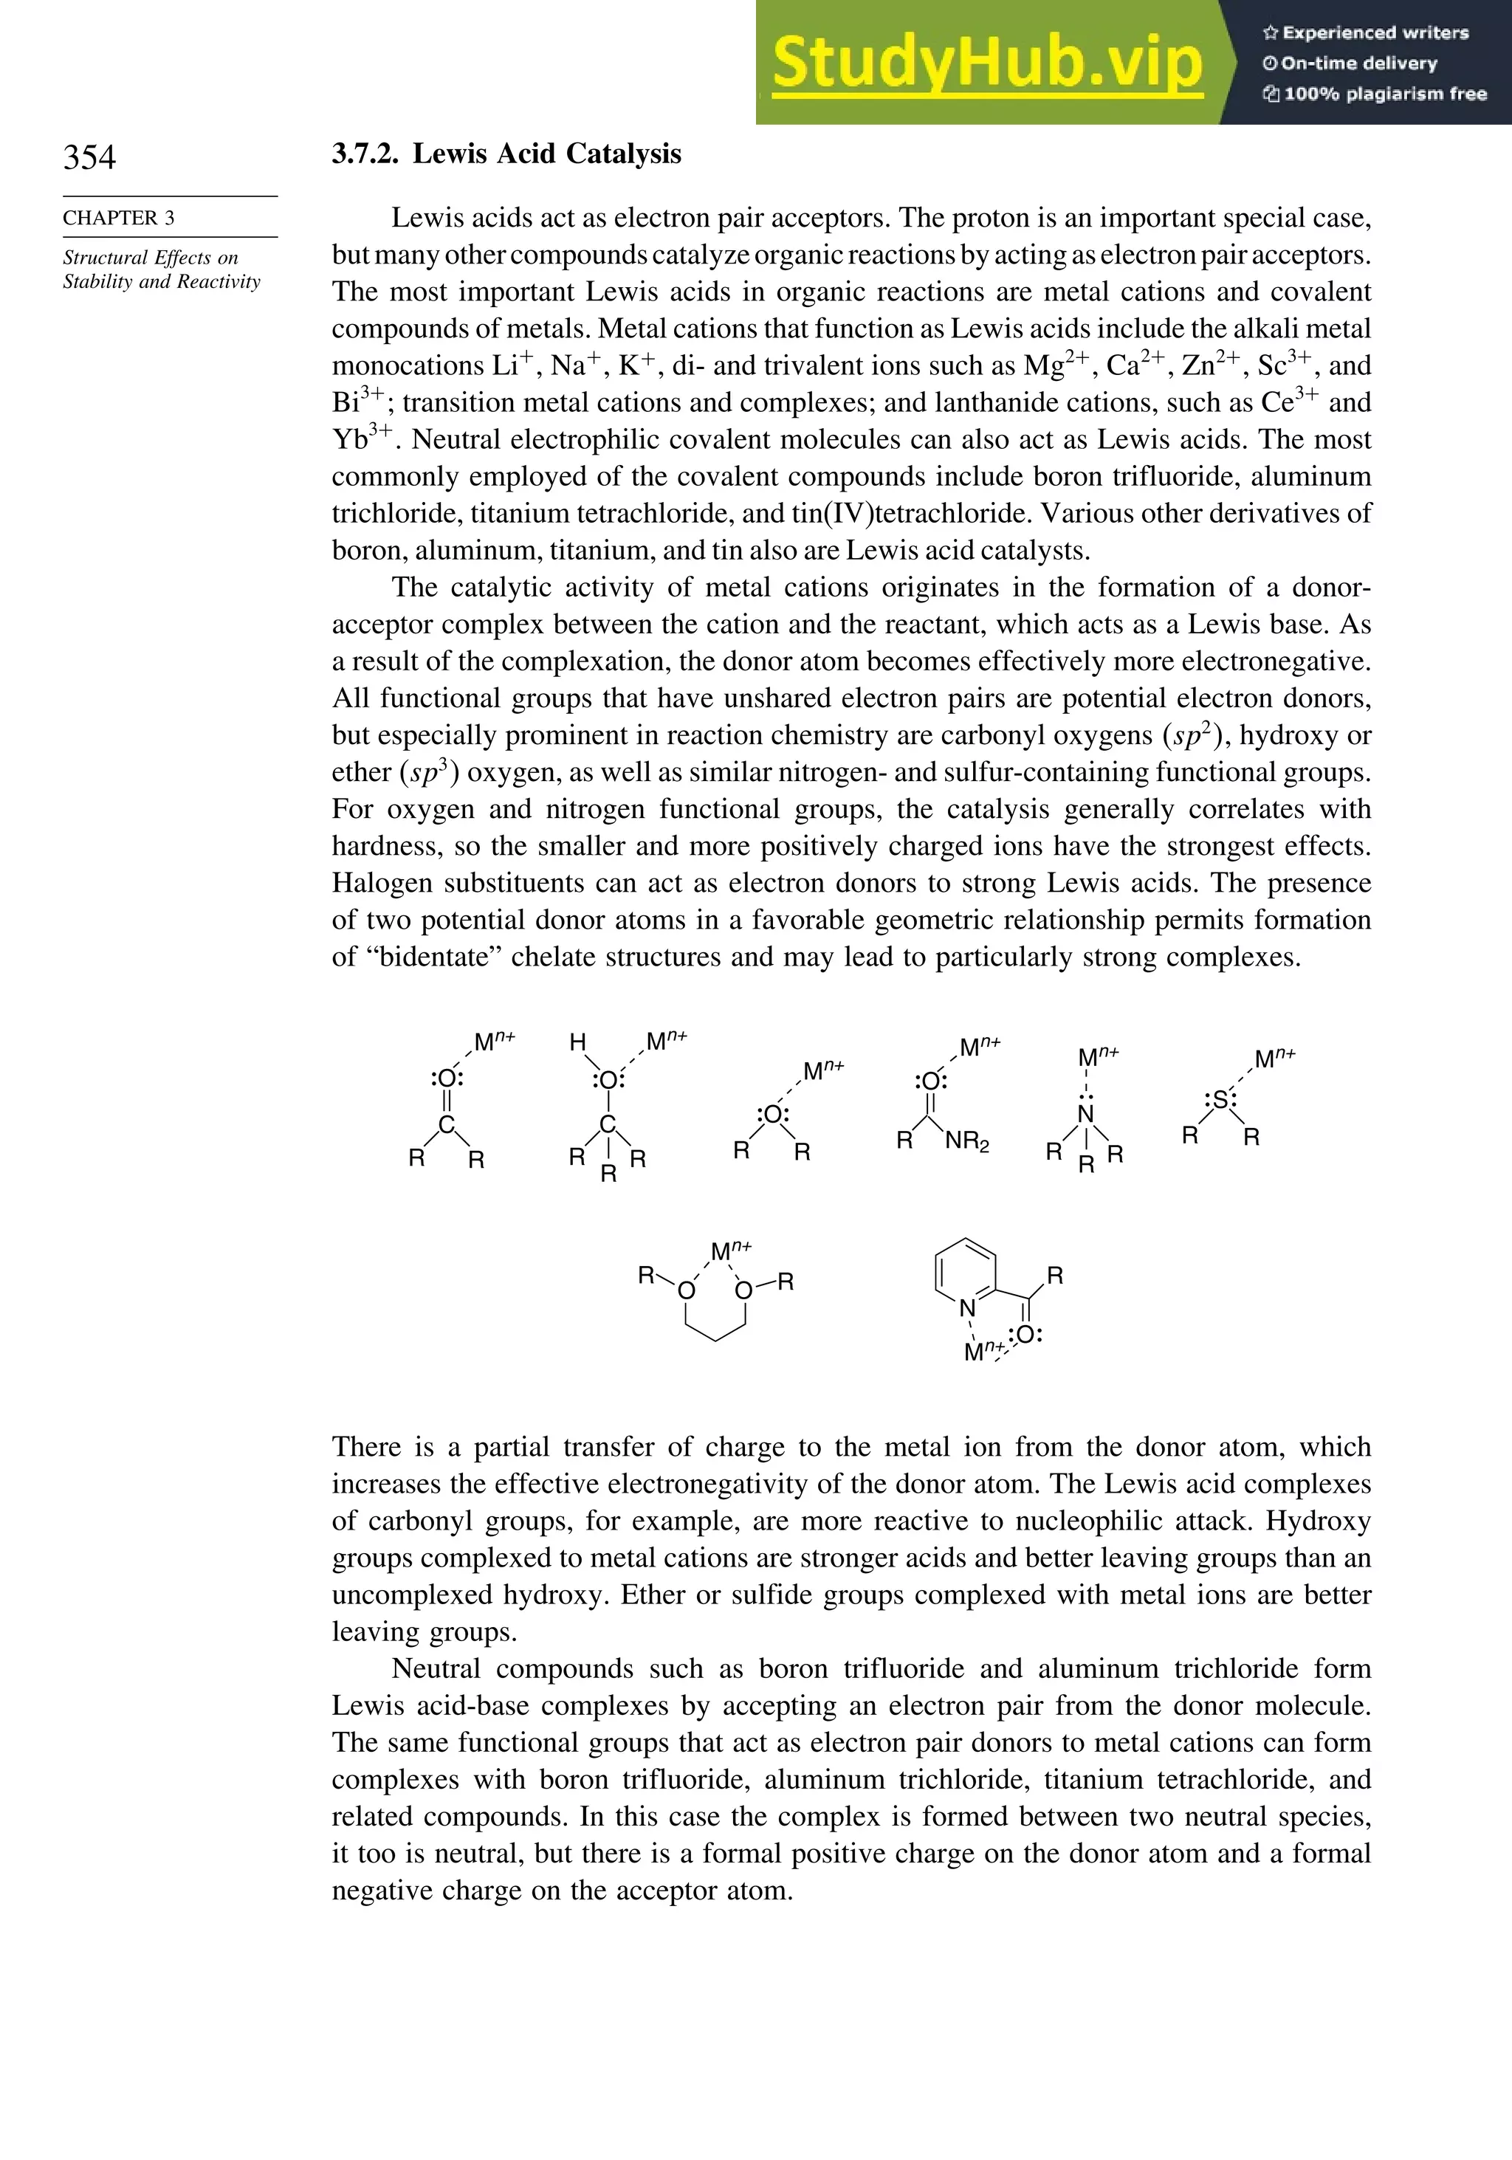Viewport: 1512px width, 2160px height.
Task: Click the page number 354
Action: tap(89, 157)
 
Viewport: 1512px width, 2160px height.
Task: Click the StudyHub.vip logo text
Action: tap(987, 63)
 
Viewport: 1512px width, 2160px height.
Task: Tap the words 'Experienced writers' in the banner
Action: tap(1375, 33)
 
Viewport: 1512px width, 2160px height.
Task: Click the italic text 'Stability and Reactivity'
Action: tap(161, 281)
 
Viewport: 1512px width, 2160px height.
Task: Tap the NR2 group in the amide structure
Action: tap(967, 1142)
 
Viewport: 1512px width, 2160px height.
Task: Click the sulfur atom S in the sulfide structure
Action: tap(1220, 1098)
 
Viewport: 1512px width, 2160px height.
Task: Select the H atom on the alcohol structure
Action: tap(577, 1042)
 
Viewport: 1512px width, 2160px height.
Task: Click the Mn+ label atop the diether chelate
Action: tap(731, 1251)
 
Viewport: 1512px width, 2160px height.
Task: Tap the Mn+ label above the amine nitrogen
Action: tap(1097, 1056)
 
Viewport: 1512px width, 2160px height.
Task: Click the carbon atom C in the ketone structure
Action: tap(447, 1125)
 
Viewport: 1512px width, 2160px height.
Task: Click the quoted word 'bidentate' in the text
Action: tap(436, 957)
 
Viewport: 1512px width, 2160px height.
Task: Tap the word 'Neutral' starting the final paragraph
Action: tap(436, 1669)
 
